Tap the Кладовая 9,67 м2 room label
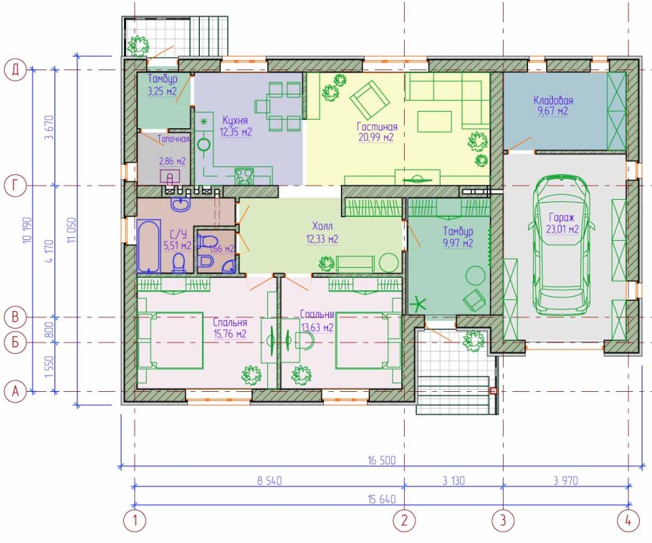click(553, 105)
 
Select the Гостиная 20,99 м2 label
click(377, 132)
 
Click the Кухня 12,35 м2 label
click(236, 126)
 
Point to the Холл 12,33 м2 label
click(322, 233)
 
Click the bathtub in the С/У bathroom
click(148, 246)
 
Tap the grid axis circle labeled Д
click(15, 69)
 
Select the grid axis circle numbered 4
click(628, 521)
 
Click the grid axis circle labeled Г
click(15, 186)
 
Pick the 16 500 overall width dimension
click(382, 461)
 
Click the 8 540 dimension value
click(269, 481)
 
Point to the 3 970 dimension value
click(565, 481)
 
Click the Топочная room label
click(173, 139)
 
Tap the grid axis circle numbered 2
click(405, 521)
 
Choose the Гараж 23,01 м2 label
click(562, 224)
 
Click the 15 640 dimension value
click(382, 499)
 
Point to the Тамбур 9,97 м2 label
click(458, 237)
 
